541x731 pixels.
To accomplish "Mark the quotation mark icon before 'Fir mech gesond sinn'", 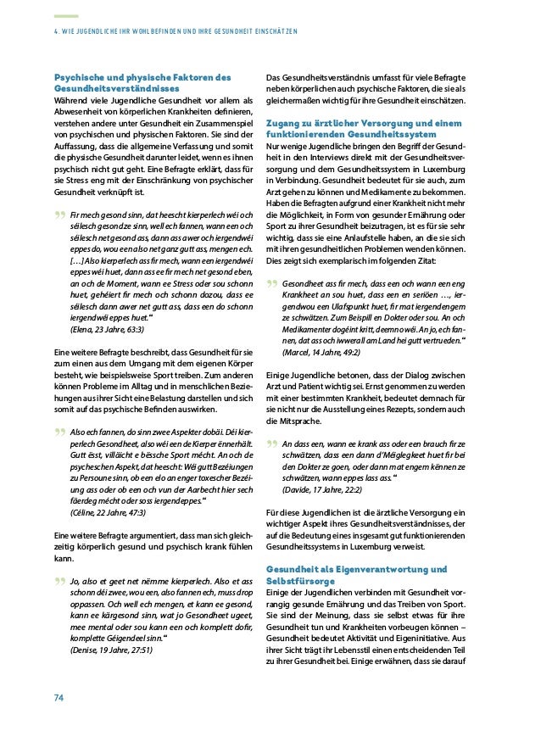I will coord(59,216).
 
